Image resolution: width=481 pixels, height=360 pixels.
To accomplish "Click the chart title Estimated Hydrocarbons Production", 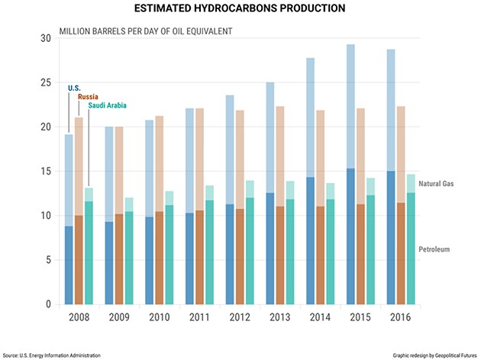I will tap(240, 9).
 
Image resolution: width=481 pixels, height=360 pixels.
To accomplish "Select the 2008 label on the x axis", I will tap(79, 317).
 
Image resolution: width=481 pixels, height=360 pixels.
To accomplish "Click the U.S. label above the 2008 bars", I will tap(74, 88).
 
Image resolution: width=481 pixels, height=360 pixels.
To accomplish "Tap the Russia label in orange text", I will tap(89, 96).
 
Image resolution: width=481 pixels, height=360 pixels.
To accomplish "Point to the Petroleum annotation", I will tap(434, 249).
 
